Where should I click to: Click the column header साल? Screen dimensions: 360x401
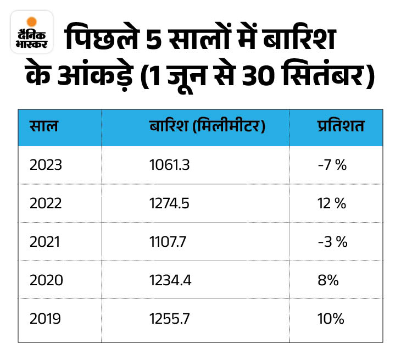[44, 127]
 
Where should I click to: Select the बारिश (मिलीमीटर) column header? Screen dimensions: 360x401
[207, 127]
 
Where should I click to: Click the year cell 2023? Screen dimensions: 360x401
[47, 165]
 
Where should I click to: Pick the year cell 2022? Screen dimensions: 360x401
[47, 203]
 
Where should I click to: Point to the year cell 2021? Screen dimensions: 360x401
[47, 242]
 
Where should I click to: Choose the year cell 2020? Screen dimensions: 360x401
[47, 280]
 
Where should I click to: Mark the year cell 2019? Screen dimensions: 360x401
[47, 319]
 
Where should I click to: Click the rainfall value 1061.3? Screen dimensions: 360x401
[169, 165]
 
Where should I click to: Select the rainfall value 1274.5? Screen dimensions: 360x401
[169, 203]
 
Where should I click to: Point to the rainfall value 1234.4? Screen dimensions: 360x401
[170, 280]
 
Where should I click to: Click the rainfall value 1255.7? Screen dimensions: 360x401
[169, 319]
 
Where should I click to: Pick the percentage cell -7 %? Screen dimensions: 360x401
[332, 165]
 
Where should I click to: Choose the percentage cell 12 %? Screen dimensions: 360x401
[332, 203]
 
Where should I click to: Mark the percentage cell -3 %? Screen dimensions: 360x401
[333, 242]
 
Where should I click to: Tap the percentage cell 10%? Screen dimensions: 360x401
[331, 319]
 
